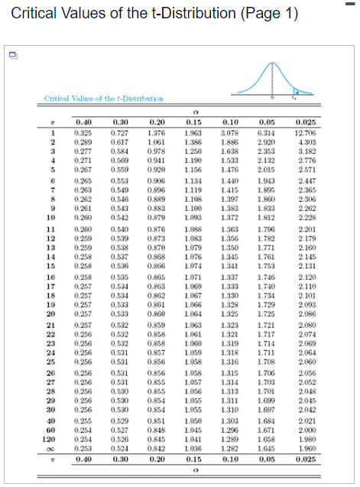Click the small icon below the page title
[13, 56]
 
